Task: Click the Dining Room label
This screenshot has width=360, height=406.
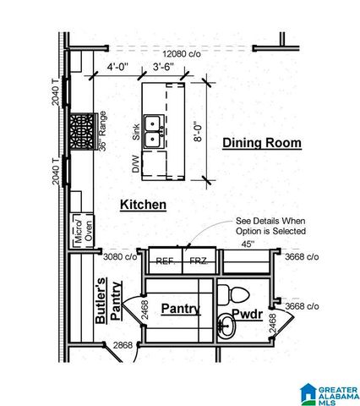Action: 261,143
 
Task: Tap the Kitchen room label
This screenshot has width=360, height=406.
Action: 143,205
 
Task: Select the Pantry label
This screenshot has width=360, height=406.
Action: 180,309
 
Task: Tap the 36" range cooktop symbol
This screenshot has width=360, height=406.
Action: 84,132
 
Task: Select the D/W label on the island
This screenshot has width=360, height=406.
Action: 135,164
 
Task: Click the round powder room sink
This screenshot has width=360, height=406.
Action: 226,326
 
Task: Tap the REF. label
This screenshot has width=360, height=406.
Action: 166,261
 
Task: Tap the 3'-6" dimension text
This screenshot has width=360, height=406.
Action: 163,65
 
